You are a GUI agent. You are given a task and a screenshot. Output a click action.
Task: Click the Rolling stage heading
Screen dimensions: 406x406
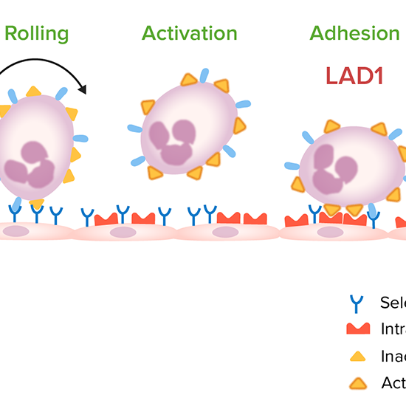(37, 33)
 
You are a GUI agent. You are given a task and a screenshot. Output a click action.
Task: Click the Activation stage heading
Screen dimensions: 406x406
(190, 33)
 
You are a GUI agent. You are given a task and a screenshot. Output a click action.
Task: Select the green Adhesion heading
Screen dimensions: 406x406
(354, 33)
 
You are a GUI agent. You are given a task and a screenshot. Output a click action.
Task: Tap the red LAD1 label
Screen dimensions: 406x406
(354, 75)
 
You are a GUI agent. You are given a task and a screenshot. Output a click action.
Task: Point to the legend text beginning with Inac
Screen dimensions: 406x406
(393, 355)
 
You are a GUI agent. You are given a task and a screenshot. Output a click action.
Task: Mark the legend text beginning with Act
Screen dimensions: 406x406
(393, 382)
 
